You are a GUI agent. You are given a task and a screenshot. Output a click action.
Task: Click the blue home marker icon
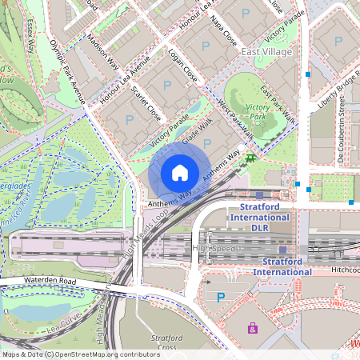pyautogui.click(x=180, y=172)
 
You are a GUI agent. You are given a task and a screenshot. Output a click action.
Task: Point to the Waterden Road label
pyautogui.click(x=49, y=282)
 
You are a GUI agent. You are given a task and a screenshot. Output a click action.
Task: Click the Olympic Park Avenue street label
pyautogui.click(x=67, y=73)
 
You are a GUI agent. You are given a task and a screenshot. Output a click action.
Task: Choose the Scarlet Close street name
pyautogui.click(x=146, y=103)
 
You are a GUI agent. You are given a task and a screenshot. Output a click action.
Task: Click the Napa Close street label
pyautogui.click(x=225, y=29)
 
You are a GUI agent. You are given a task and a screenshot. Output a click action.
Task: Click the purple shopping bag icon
pyautogui.click(x=253, y=328)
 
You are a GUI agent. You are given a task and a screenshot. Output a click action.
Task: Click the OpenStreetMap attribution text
pyautogui.click(x=80, y=354)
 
